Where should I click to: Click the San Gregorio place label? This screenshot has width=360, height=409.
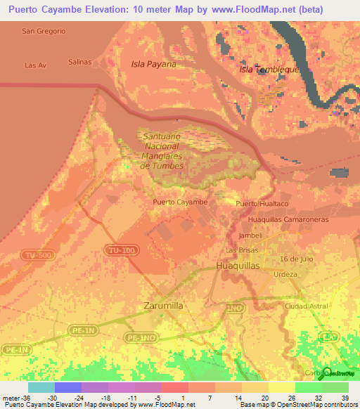(44, 31)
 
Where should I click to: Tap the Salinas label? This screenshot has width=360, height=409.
(80, 62)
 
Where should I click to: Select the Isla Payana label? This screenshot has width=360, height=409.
(153, 64)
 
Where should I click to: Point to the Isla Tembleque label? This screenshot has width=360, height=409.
(270, 70)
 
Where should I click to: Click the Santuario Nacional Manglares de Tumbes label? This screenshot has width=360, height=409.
(162, 151)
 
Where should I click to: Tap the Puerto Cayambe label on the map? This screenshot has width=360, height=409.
(180, 202)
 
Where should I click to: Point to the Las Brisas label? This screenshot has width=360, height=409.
(240, 251)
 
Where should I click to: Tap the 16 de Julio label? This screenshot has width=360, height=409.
(295, 260)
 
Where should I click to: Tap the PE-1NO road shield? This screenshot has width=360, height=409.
(139, 337)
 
